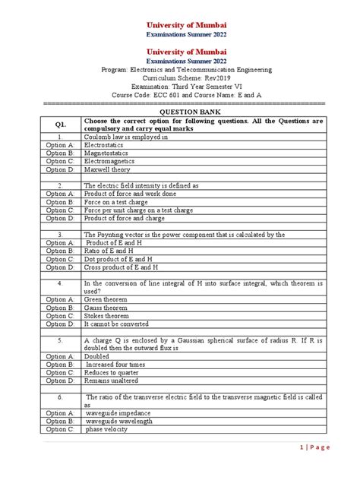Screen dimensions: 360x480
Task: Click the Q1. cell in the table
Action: coord(61,125)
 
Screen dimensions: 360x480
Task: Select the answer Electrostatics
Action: coord(109,143)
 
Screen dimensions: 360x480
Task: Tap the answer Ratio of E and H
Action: coord(113,251)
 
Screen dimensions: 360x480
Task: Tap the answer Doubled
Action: coord(98,356)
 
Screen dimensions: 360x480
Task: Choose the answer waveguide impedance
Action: coord(119,412)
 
